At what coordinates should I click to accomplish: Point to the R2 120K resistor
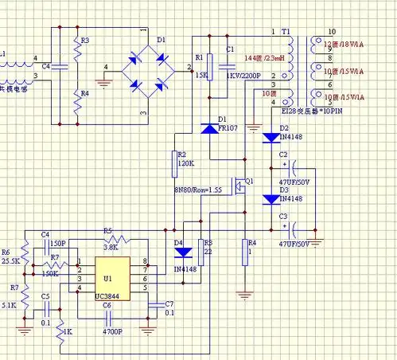[172, 164]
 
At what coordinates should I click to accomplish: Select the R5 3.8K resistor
[117, 240]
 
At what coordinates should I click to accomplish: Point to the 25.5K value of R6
[10, 260]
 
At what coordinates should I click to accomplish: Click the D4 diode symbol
[182, 253]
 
